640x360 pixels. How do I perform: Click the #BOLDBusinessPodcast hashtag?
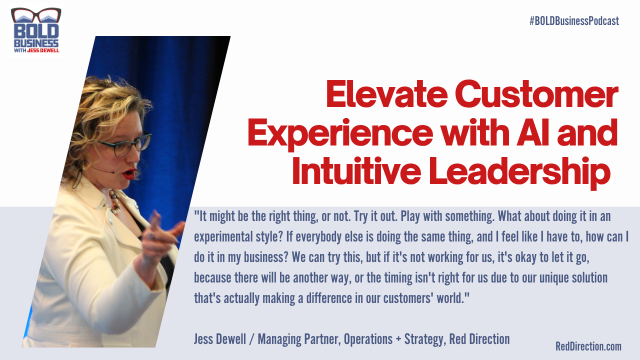click(x=574, y=21)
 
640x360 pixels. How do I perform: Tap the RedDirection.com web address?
click(x=588, y=346)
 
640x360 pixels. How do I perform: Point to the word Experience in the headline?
click(x=340, y=133)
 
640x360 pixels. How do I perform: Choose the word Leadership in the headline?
click(x=519, y=172)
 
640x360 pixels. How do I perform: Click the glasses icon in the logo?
click(x=36, y=15)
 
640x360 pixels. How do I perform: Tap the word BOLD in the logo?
click(x=36, y=31)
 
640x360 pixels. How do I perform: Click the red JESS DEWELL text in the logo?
click(x=43, y=50)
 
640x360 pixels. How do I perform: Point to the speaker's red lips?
click(x=129, y=173)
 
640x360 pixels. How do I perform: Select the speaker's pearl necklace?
click(x=114, y=202)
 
